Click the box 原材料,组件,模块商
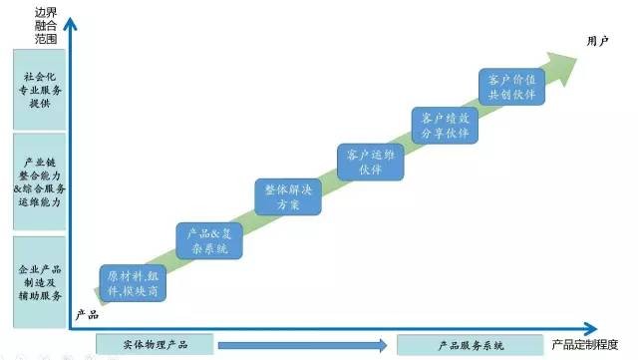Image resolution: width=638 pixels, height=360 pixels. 132,283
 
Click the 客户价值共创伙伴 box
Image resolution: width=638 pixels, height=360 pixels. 512,86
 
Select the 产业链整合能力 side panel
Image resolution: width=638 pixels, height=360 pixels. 39,180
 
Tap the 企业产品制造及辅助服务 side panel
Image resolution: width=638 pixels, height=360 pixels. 39,282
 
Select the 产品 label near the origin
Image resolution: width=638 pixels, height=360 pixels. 87,315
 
